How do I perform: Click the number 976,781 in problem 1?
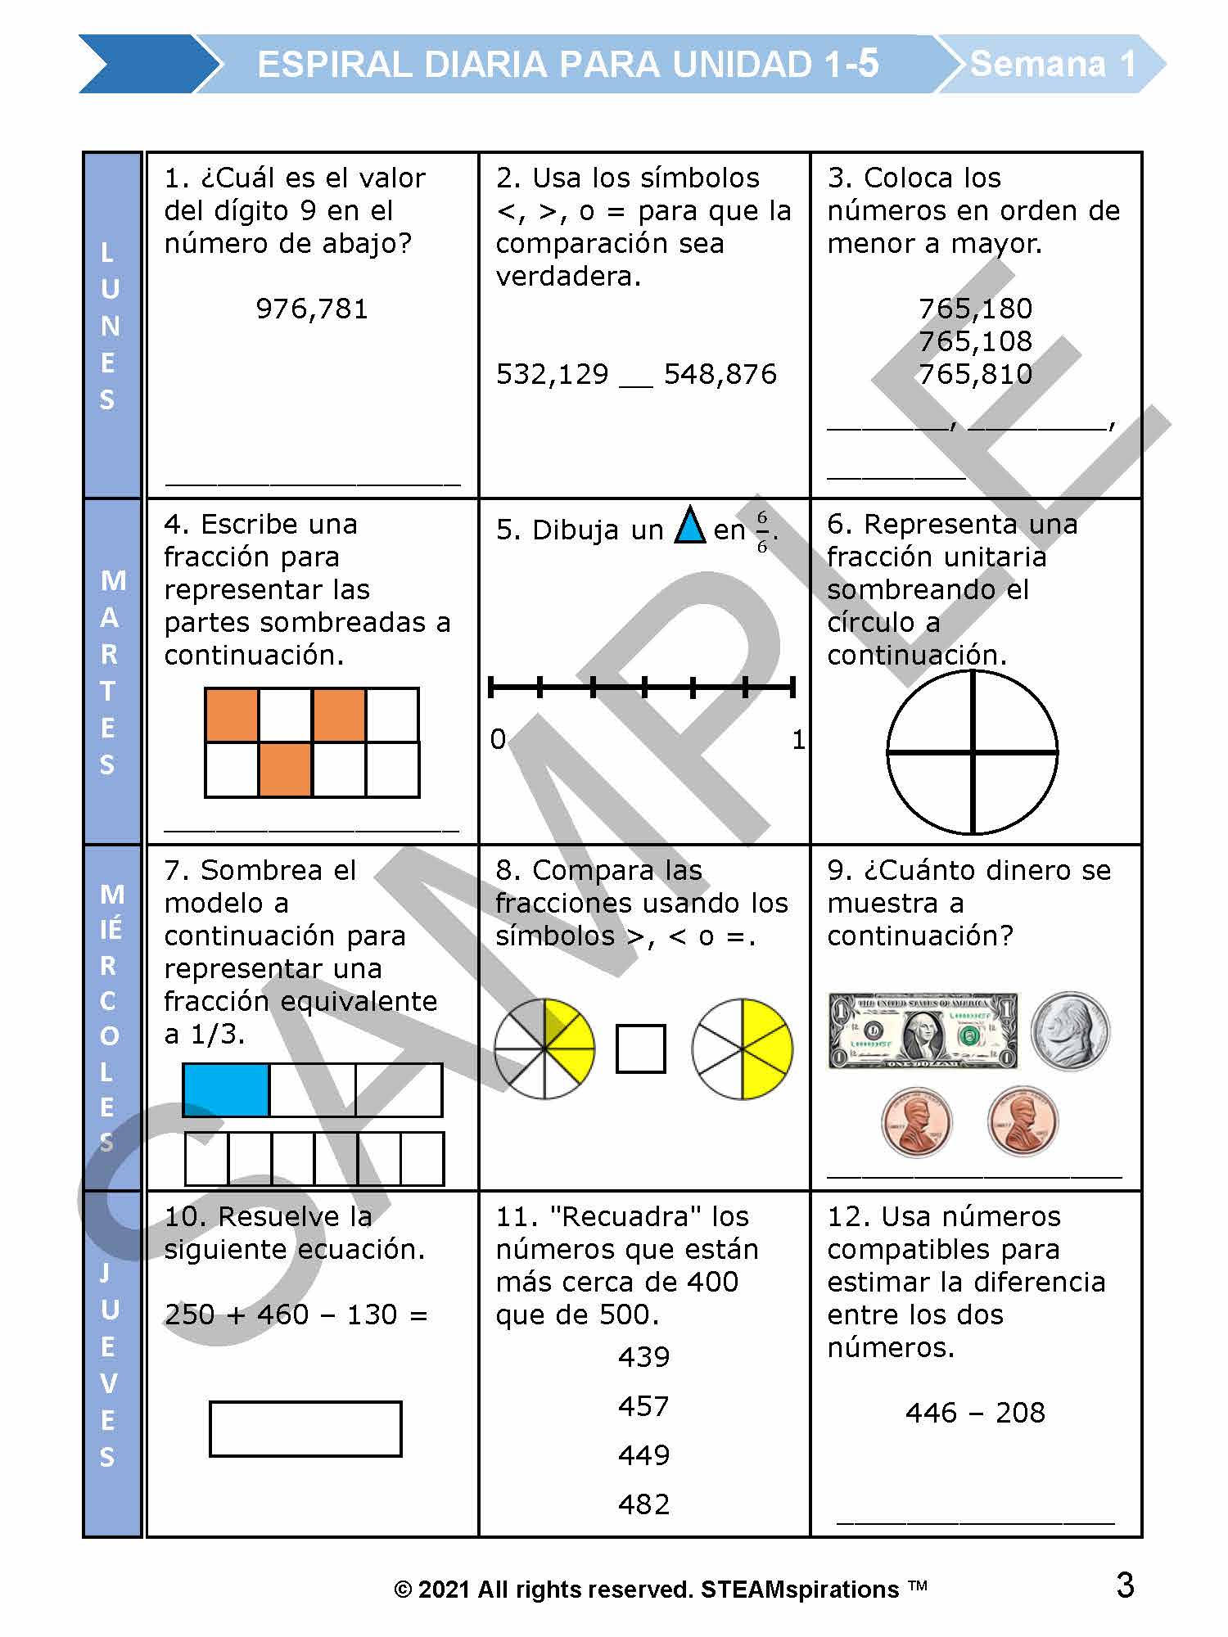312,309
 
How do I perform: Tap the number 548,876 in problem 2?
720,374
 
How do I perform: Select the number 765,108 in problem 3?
975,341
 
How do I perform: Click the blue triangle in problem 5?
690,527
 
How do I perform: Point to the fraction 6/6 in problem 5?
762,531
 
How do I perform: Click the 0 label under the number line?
498,739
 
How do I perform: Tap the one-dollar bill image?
923,1030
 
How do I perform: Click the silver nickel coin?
1070,1031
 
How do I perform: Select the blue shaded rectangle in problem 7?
227,1090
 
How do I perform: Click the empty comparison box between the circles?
640,1048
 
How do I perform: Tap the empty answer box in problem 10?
305,1429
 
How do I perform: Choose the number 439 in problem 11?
644,1357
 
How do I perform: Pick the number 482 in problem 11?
644,1504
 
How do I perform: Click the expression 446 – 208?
975,1413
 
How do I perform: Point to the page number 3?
1126,1585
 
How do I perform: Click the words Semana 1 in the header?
1053,64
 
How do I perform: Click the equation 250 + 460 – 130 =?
296,1315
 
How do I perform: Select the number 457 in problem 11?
644,1406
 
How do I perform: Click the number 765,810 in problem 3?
975,374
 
